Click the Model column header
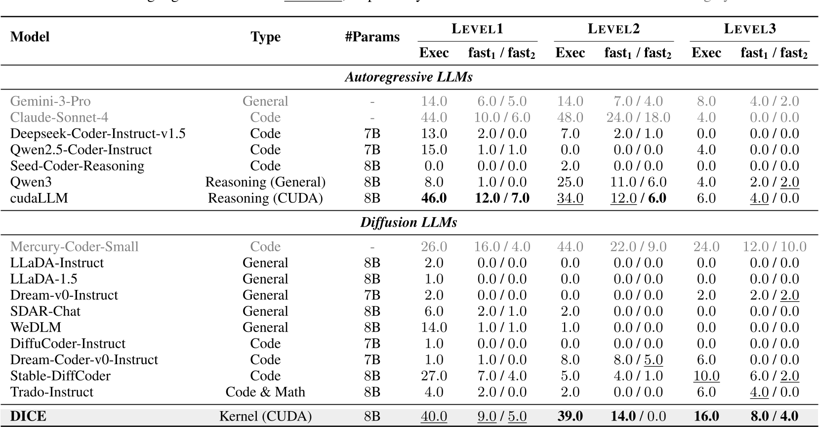[x=30, y=37]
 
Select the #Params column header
[x=372, y=37]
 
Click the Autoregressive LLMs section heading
[x=408, y=77]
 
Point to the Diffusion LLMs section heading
[x=408, y=223]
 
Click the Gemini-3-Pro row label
[x=50, y=101]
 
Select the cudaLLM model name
[x=39, y=198]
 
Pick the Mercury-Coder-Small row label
[x=74, y=247]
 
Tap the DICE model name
[x=28, y=417]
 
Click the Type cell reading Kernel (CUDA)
[x=265, y=417]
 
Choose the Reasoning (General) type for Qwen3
[x=265, y=182]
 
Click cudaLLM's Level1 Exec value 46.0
[x=434, y=198]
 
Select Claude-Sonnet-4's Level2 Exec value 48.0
[x=570, y=118]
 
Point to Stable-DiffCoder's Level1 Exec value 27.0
[x=434, y=376]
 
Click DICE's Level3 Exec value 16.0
[x=706, y=417]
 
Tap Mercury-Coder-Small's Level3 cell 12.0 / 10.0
[x=774, y=247]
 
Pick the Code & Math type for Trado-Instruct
[x=265, y=392]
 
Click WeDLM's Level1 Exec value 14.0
[x=434, y=328]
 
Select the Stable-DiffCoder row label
[x=60, y=376]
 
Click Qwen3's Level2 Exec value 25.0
[x=570, y=182]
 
